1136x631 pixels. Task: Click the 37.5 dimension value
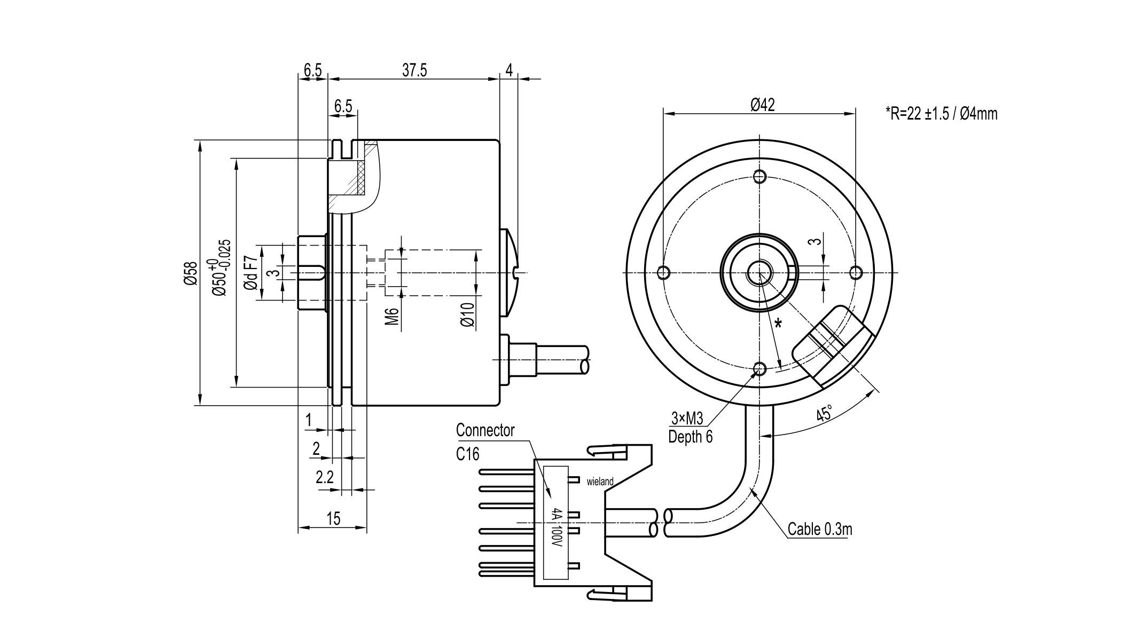coord(414,71)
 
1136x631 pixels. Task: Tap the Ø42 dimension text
coord(762,105)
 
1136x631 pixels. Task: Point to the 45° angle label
coord(824,414)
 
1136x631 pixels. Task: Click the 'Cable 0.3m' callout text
coord(820,529)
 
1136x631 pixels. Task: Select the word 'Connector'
coord(485,430)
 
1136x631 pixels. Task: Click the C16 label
coord(468,454)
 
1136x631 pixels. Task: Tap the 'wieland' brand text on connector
coord(600,482)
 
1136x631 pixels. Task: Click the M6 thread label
coord(392,316)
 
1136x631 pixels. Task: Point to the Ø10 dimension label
coord(467,315)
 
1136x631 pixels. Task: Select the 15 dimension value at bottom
coord(333,518)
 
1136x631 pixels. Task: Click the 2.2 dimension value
coord(324,477)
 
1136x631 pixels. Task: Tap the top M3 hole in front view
coord(759,176)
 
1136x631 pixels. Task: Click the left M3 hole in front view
coord(663,273)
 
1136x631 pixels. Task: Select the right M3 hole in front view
coord(856,273)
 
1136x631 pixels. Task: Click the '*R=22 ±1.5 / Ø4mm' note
coord(941,114)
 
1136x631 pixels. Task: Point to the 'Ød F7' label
coord(250,273)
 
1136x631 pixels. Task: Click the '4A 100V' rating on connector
coord(557,527)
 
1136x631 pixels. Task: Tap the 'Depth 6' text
coord(690,437)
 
